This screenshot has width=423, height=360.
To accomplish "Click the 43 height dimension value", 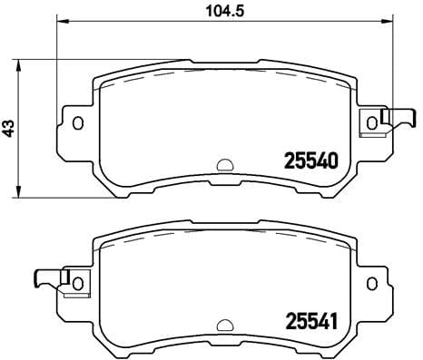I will pyautogui.click(x=9, y=129).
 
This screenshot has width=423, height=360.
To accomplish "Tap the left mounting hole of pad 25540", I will pyautogui.click(x=78, y=122).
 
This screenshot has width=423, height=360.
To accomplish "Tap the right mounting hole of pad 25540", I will pyautogui.click(x=370, y=122).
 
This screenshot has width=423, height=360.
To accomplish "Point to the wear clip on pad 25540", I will pyautogui.click(x=395, y=119).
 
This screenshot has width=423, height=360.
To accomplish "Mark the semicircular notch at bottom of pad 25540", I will pyautogui.click(x=223, y=166).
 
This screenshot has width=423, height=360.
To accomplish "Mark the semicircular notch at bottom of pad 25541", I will pyautogui.click(x=223, y=324).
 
